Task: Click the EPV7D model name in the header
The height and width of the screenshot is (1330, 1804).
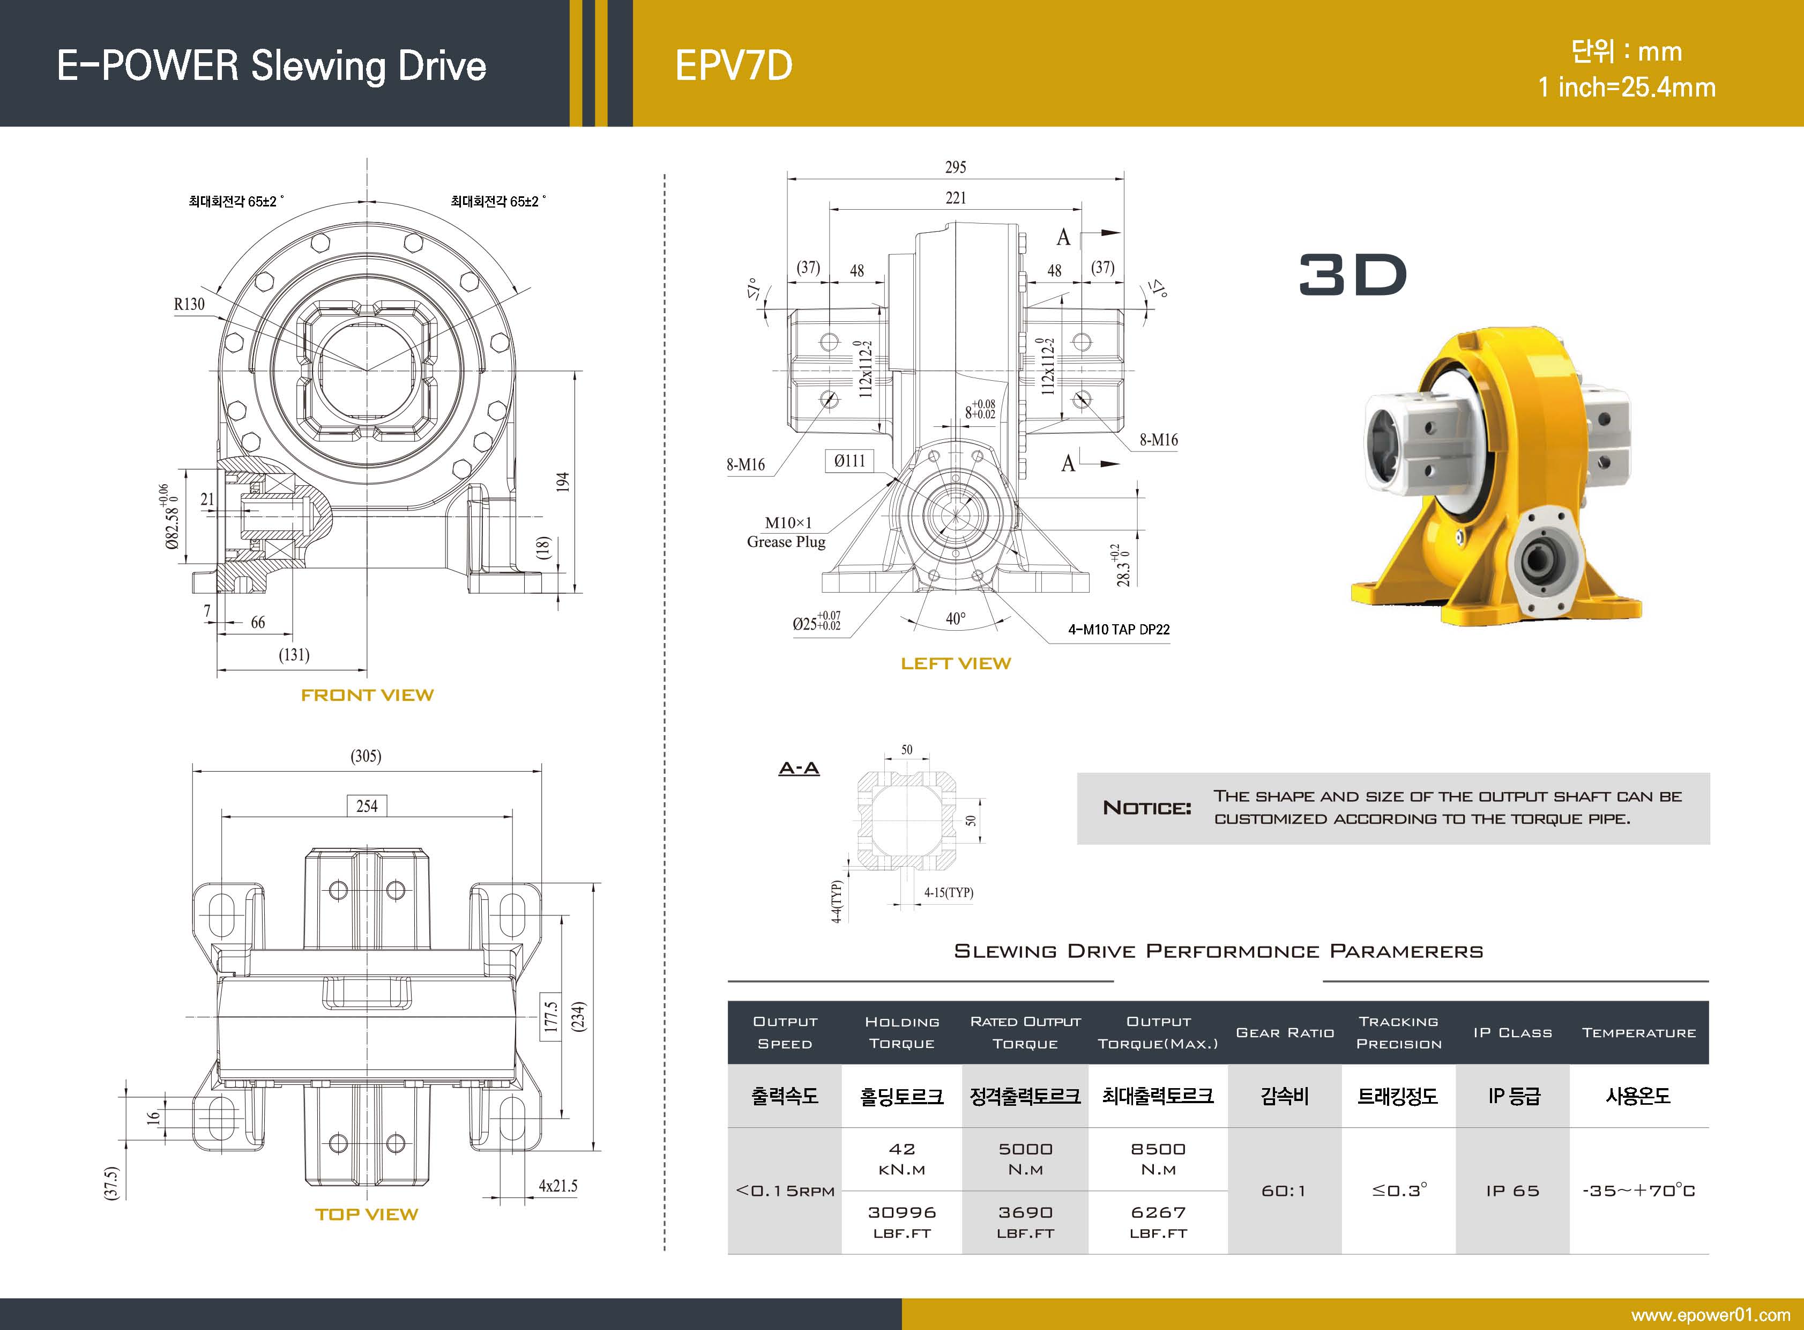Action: tap(733, 66)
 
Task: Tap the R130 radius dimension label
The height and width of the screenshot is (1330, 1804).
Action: tap(189, 304)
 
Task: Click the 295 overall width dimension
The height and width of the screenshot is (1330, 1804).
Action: tap(955, 167)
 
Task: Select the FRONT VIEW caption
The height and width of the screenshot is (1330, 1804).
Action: tap(367, 695)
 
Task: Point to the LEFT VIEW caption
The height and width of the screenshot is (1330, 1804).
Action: tap(955, 663)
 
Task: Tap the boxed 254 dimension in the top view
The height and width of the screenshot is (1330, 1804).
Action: tap(367, 806)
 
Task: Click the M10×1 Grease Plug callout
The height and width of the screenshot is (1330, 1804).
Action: tap(787, 532)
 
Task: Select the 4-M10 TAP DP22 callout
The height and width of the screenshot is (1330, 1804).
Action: tap(1119, 630)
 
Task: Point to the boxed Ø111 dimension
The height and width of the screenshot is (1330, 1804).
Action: tap(849, 461)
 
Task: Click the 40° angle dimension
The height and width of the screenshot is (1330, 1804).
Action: tap(955, 618)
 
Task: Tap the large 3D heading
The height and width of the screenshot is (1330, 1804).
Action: tap(1353, 275)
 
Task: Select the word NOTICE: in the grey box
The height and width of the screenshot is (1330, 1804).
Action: tap(1146, 808)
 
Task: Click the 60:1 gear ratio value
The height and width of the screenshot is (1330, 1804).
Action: tap(1284, 1190)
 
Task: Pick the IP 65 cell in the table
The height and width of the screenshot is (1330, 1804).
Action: tap(1512, 1190)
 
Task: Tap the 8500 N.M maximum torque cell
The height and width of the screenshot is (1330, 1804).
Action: tap(1158, 1158)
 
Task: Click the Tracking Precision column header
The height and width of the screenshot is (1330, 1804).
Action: tap(1398, 1032)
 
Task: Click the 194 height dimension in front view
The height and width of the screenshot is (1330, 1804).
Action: tap(562, 482)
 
